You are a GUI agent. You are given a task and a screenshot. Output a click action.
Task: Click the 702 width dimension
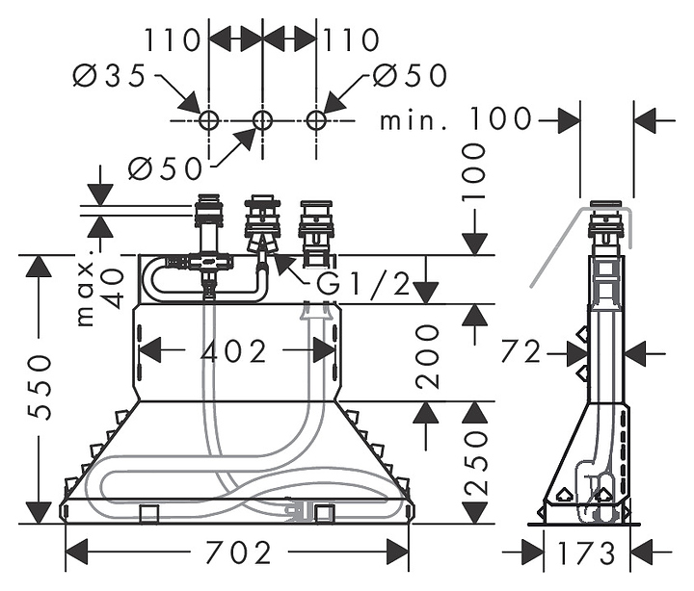click(x=239, y=552)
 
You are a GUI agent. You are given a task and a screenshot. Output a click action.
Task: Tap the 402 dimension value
click(x=233, y=351)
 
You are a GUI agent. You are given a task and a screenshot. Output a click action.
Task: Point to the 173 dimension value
click(x=586, y=552)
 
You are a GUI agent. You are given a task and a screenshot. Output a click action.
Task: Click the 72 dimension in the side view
click(x=521, y=352)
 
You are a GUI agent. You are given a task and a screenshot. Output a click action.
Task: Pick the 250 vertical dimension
click(x=475, y=463)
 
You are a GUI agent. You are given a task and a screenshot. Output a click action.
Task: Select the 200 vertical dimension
click(x=426, y=356)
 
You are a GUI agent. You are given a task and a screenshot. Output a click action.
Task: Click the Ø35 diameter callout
click(x=109, y=75)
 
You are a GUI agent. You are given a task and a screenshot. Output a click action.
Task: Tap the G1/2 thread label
click(x=363, y=284)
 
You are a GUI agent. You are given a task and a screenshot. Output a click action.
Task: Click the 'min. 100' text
click(x=455, y=118)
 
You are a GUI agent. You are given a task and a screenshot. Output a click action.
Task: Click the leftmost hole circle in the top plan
click(x=208, y=119)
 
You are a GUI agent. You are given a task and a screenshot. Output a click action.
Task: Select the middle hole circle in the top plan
click(x=262, y=119)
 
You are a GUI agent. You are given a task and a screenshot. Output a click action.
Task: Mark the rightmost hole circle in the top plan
click(x=316, y=119)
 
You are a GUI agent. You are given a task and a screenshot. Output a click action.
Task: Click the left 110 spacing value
click(x=173, y=39)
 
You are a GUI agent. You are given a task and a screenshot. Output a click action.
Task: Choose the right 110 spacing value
click(x=352, y=39)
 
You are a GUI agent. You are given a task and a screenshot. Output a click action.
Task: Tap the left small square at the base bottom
click(x=149, y=514)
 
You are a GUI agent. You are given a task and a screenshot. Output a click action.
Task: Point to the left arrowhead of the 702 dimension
click(x=76, y=552)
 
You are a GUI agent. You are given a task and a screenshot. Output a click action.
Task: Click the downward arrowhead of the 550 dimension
click(x=39, y=513)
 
